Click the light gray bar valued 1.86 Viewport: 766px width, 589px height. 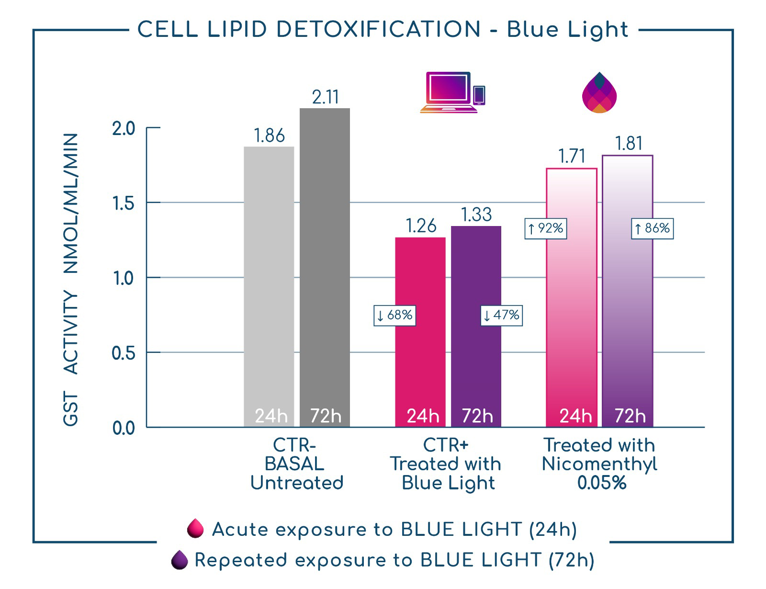[x=269, y=286]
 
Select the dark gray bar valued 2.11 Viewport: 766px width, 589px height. [x=325, y=268]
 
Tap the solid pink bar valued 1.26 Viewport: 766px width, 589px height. [x=420, y=332]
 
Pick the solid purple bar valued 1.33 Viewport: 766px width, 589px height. [x=476, y=327]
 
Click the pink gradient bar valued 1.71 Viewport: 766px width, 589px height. [x=572, y=297]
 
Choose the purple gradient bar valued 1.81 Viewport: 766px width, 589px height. [x=628, y=291]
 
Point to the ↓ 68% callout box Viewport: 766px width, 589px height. [x=395, y=316]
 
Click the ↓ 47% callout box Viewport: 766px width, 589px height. [x=502, y=316]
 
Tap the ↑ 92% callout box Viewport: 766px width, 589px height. [x=546, y=229]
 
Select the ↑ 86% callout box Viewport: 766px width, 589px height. [x=652, y=229]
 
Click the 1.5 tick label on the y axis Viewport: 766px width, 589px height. [x=124, y=204]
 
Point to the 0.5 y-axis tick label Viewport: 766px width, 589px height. [x=124, y=353]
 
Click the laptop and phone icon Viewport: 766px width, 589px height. [x=452, y=92]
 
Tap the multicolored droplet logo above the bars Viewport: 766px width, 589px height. [x=599, y=92]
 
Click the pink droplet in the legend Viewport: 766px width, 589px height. [x=196, y=528]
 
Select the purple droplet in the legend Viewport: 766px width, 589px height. [x=180, y=559]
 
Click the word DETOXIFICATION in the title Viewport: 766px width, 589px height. [x=379, y=29]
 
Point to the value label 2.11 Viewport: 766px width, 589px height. [x=326, y=97]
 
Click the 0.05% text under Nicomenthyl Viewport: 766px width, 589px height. [x=602, y=483]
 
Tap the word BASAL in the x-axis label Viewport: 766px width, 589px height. [x=294, y=464]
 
